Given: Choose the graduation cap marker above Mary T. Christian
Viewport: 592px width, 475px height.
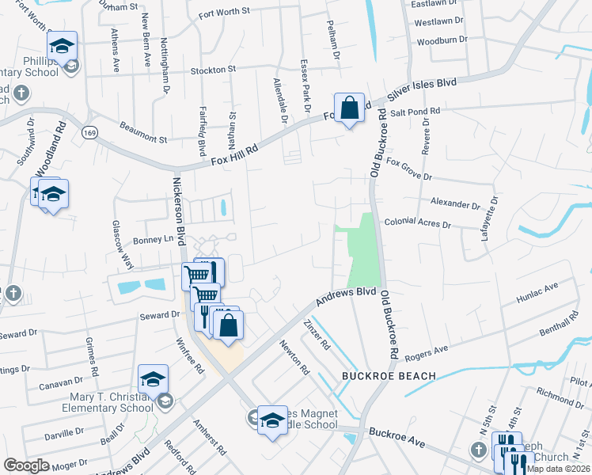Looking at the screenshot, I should point(153,377).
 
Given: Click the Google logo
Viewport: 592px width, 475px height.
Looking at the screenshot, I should point(26,465).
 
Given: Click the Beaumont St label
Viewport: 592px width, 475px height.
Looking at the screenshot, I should point(143,132).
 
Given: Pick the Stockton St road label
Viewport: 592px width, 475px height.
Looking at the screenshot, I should point(214,70).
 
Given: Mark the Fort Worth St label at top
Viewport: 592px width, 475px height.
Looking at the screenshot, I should point(224,12).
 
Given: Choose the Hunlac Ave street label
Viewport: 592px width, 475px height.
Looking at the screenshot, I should point(538,293).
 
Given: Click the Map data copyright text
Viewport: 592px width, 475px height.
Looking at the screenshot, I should point(559,469).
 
